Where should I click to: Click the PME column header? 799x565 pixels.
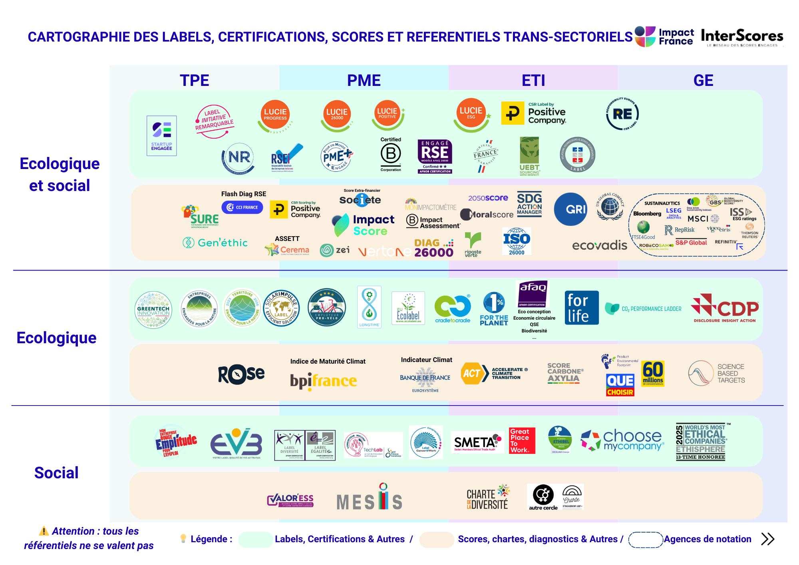(x=364, y=80)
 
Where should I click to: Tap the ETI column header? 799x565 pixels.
(x=533, y=80)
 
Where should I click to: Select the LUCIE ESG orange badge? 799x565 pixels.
(x=471, y=113)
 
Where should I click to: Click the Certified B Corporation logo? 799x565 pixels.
(x=391, y=154)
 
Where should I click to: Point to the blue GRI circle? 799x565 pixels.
(x=571, y=209)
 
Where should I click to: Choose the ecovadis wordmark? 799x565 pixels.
(x=600, y=245)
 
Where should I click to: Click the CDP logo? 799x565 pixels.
(x=725, y=308)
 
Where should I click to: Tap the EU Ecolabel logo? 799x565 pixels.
(x=408, y=308)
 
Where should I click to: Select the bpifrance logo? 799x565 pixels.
(x=323, y=381)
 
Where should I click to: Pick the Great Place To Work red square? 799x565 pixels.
(x=522, y=440)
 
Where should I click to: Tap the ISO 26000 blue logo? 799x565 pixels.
(x=517, y=241)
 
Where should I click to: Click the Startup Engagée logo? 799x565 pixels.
(x=162, y=136)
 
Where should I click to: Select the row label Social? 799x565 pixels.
(x=56, y=473)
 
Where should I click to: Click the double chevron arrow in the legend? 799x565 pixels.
(x=767, y=539)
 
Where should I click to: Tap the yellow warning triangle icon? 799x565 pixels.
(x=44, y=531)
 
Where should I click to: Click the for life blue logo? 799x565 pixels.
(x=582, y=308)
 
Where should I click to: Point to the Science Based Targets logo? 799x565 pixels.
(x=717, y=373)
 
